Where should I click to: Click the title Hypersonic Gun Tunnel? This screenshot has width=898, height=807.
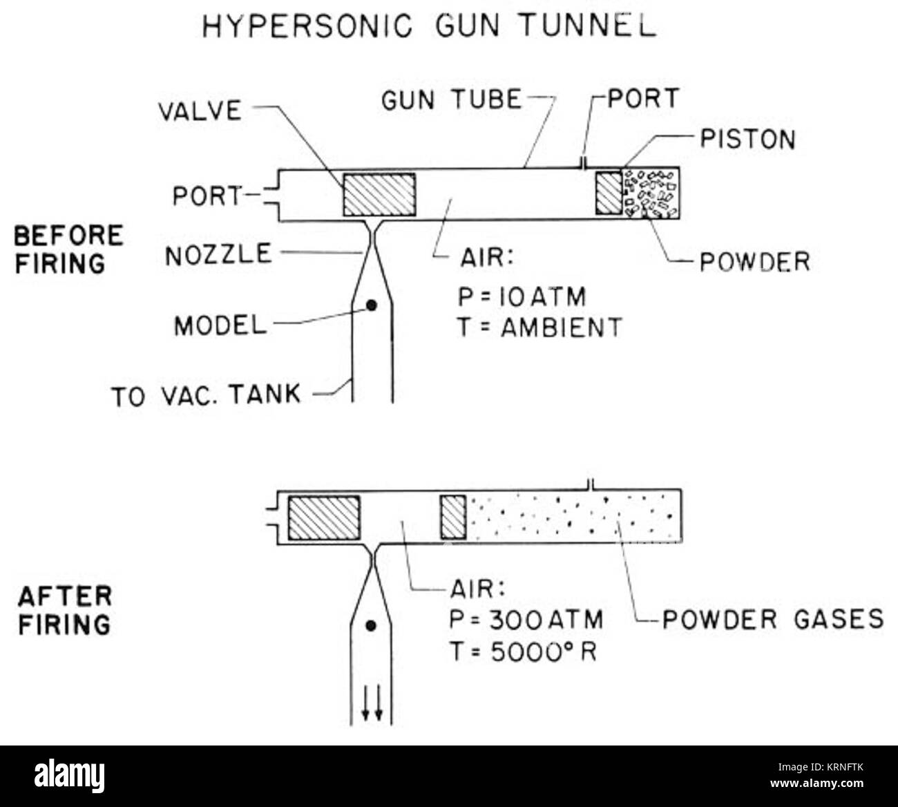428,26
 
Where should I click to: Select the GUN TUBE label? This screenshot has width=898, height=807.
451,100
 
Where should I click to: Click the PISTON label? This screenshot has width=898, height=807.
747,139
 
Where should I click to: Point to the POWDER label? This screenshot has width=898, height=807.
754,262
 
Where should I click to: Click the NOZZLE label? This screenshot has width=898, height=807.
218,254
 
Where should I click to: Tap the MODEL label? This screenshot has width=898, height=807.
220,325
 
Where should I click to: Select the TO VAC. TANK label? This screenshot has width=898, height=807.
206,395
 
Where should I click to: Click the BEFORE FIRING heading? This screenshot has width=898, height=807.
68,249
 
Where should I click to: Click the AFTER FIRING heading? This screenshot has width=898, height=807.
64,610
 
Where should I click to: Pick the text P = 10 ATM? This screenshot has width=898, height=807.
522,297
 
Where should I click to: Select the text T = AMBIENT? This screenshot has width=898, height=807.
539,327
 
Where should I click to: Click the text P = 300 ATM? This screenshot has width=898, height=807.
526,619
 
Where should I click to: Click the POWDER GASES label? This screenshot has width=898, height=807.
772,619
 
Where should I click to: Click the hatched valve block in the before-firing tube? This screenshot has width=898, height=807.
379,194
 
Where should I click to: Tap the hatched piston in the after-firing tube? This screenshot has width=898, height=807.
453,517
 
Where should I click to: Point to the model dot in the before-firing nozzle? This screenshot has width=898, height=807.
372,305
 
